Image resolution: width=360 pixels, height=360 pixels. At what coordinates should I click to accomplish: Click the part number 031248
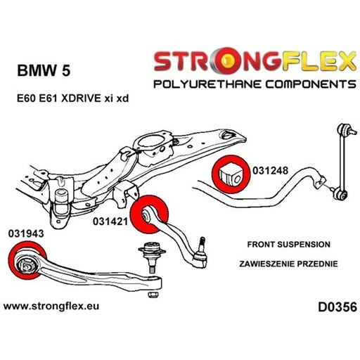click(270, 170)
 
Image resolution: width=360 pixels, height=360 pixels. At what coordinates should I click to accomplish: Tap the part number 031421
click(110, 221)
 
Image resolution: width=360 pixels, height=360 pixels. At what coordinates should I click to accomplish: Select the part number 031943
click(26, 233)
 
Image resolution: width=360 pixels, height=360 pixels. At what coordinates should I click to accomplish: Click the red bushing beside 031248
click(231, 174)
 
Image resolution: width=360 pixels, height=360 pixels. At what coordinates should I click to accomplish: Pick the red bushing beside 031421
click(149, 214)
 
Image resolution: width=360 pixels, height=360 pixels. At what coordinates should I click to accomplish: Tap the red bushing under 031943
click(27, 260)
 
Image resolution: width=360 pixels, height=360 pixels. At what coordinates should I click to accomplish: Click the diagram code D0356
click(337, 307)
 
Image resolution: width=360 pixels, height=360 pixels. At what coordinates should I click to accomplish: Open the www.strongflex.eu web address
click(51, 306)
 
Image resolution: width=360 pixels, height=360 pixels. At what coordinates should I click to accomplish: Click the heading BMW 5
click(44, 70)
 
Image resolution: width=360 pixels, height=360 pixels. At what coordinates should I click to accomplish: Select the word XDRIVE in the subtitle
click(81, 98)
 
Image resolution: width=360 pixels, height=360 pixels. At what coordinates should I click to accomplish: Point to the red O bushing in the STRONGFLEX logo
click(227, 62)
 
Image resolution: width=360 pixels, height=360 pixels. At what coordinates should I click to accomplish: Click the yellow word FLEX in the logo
click(319, 61)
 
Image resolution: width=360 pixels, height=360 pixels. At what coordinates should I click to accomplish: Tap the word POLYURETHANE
click(207, 84)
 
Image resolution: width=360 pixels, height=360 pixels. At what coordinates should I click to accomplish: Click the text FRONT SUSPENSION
click(289, 245)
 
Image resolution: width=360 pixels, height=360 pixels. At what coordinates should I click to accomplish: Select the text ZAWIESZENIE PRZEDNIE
click(288, 264)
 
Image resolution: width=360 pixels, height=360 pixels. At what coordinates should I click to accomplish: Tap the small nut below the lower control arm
click(153, 294)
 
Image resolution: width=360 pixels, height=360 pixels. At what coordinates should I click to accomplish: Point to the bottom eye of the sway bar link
click(340, 195)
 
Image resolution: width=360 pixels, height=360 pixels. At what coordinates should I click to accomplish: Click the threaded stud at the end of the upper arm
click(202, 244)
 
